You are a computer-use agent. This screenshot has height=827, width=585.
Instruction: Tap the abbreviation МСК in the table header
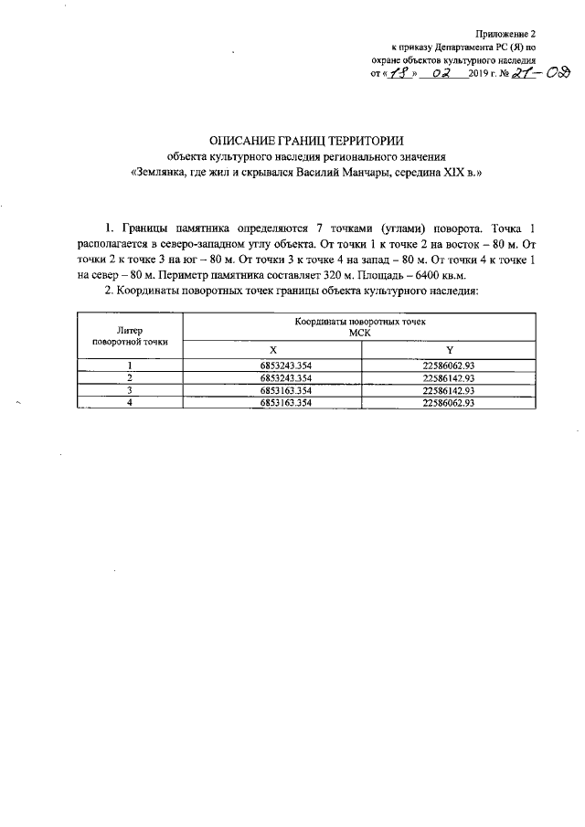(x=359, y=334)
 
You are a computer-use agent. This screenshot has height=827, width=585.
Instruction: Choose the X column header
(x=272, y=351)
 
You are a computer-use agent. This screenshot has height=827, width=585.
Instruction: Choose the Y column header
(x=449, y=351)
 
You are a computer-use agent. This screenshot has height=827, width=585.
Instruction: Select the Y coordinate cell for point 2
(x=448, y=377)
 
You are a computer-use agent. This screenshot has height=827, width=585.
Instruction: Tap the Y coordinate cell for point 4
(x=448, y=403)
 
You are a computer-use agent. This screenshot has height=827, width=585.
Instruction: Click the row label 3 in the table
(x=131, y=390)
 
